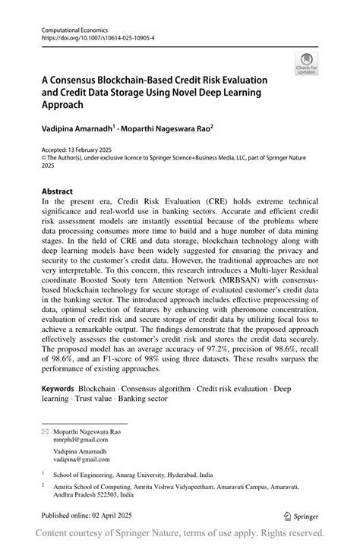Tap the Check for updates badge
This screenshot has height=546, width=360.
pyautogui.click(x=308, y=64)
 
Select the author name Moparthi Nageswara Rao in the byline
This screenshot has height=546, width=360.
pyautogui.click(x=168, y=130)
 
